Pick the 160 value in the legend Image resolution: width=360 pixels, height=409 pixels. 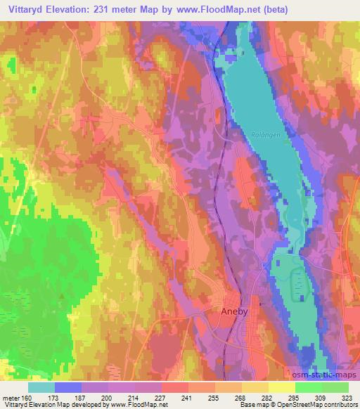point(26,398)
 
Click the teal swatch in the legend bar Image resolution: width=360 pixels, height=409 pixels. point(41,387)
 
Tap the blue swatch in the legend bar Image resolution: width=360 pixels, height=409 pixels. point(68,387)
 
